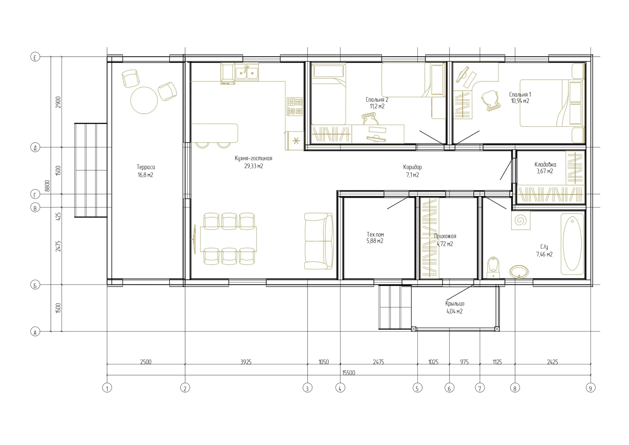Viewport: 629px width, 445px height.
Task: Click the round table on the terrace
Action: click(144, 100)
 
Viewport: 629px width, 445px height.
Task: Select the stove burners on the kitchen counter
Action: click(295, 106)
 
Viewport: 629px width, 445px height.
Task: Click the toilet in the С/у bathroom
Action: click(493, 267)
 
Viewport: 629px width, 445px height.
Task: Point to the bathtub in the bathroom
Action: click(572, 244)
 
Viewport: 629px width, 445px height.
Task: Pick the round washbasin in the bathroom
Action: click(519, 272)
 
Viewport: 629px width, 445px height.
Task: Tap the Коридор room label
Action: click(412, 167)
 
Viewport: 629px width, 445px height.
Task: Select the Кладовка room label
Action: click(545, 164)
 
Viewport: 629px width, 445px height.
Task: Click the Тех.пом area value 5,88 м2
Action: click(375, 241)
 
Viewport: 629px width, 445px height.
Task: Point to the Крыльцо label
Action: click(455, 304)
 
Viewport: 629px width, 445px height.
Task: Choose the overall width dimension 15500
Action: click(349, 373)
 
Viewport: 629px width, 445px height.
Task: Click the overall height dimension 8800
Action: click(48, 186)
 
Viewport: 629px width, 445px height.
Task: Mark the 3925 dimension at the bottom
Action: click(246, 362)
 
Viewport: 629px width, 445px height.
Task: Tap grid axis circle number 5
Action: click(417, 388)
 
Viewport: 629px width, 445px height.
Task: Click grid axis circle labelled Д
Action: click(35, 147)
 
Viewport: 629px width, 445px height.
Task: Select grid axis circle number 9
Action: click(590, 388)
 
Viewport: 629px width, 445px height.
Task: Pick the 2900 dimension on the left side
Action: click(58, 102)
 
